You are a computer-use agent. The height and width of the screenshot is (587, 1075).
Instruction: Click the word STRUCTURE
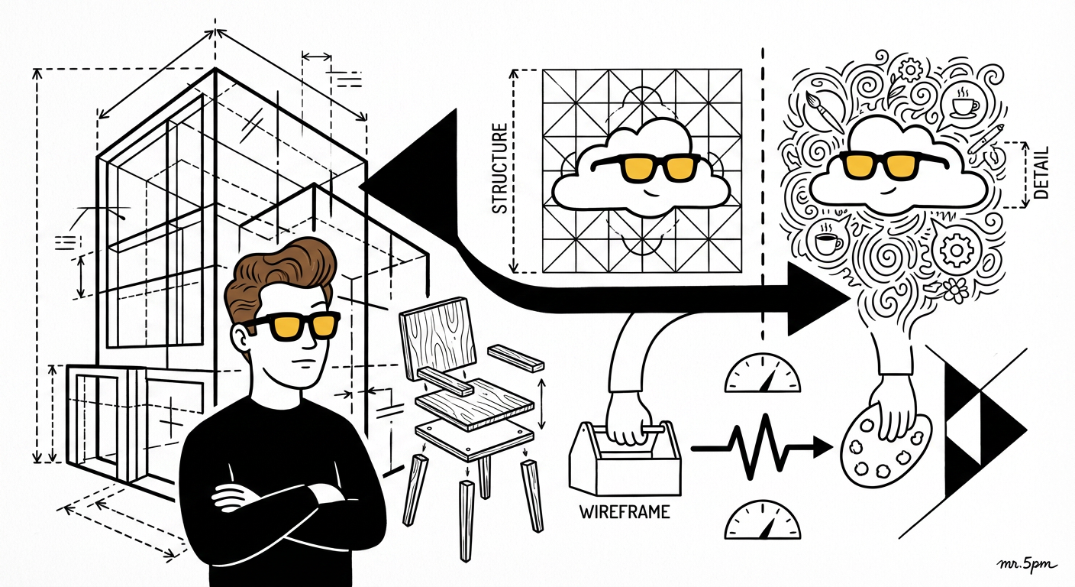(x=500, y=168)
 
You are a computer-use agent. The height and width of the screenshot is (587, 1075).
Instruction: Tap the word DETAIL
(x=1041, y=173)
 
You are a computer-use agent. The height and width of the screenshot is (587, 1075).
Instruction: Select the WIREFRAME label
(x=625, y=512)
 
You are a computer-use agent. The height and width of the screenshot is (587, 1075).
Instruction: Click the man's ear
(x=241, y=339)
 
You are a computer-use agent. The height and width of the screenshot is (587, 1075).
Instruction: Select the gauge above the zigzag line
(x=762, y=373)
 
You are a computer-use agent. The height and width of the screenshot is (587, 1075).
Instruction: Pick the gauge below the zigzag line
(x=762, y=521)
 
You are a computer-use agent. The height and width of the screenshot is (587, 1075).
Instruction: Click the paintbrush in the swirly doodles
(x=824, y=112)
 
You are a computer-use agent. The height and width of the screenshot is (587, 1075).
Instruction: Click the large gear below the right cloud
(x=956, y=250)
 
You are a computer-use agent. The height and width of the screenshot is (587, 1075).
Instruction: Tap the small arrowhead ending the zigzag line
(x=823, y=448)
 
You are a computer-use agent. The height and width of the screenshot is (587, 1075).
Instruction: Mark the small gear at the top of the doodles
(x=909, y=70)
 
